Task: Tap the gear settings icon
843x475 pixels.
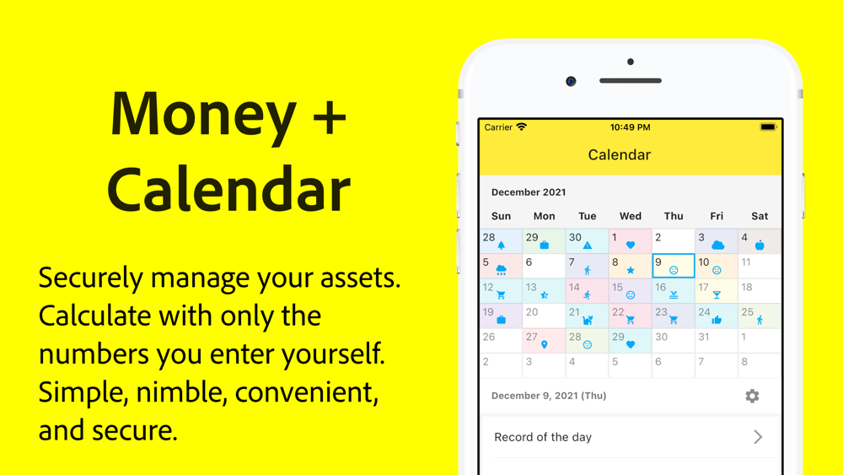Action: pyautogui.click(x=752, y=396)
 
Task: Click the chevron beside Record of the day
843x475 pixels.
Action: pyautogui.click(x=758, y=437)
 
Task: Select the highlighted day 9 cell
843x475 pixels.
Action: pyautogui.click(x=673, y=266)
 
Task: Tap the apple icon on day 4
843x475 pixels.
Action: pyautogui.click(x=760, y=246)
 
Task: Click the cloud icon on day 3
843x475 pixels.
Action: pyautogui.click(x=717, y=246)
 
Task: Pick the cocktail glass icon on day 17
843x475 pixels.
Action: pyautogui.click(x=717, y=294)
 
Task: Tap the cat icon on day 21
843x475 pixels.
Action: pyautogui.click(x=588, y=320)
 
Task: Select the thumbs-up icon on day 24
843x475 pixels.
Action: pyautogui.click(x=717, y=320)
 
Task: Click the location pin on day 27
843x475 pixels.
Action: pyautogui.click(x=544, y=345)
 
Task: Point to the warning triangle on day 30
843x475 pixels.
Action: pyautogui.click(x=588, y=246)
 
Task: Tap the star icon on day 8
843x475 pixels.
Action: pyautogui.click(x=631, y=270)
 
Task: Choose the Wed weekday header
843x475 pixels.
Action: pyautogui.click(x=630, y=216)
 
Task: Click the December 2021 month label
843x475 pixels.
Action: pyautogui.click(x=529, y=192)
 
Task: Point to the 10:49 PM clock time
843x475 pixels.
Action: pyautogui.click(x=630, y=127)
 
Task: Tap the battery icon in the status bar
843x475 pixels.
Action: pyautogui.click(x=768, y=127)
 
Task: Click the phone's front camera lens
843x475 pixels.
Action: pyautogui.click(x=571, y=81)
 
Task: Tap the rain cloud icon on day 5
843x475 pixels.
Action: pyautogui.click(x=501, y=270)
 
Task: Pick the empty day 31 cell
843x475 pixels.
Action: pyautogui.click(x=716, y=341)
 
